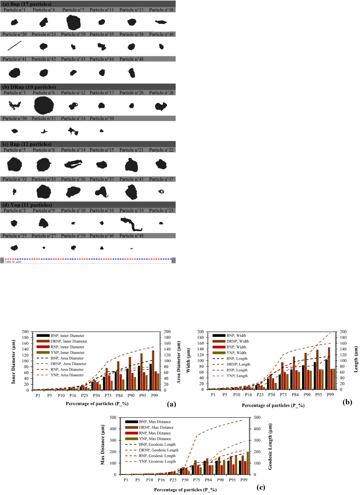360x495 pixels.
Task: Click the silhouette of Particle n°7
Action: pos(74,22)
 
